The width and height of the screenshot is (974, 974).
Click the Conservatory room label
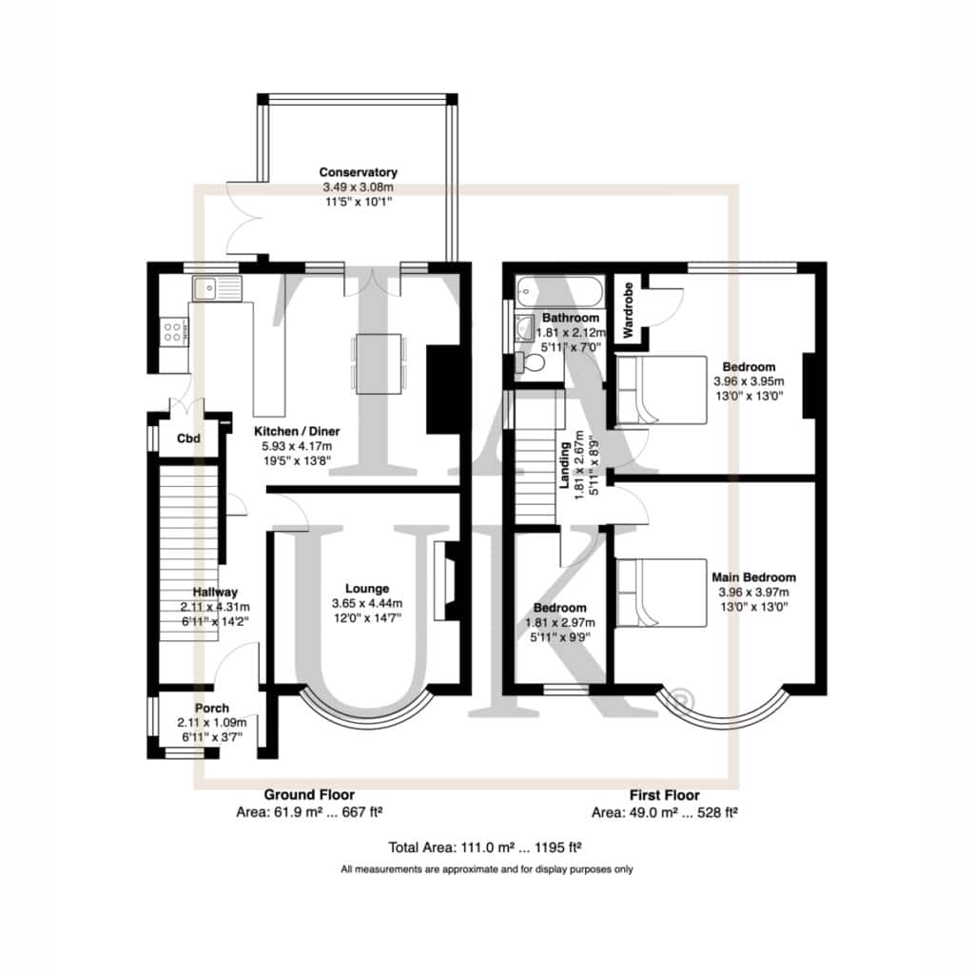[x=358, y=173]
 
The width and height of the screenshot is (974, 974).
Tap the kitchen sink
[x=216, y=288]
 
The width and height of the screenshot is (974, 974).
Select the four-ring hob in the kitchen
[x=174, y=332]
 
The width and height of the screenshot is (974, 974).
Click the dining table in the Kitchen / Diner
[x=379, y=363]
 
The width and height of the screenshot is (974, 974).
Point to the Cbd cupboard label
[x=189, y=438]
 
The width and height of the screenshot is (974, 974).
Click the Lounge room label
[x=367, y=588]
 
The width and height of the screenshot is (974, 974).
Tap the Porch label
[x=212, y=708]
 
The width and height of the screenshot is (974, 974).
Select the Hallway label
[x=215, y=592]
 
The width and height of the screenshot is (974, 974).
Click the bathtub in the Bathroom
[x=559, y=291]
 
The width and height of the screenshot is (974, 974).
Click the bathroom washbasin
[x=525, y=327]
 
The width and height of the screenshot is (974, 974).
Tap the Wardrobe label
[x=628, y=311]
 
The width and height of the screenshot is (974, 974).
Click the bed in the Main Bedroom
[x=662, y=593]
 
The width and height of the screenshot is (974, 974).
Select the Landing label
[x=565, y=465]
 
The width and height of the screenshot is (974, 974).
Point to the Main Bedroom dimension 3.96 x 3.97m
[x=754, y=592]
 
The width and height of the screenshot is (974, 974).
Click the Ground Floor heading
[x=309, y=794]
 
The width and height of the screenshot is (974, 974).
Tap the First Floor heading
[x=665, y=795]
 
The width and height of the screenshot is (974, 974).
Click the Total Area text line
[x=485, y=847]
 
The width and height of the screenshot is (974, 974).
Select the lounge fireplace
[x=447, y=581]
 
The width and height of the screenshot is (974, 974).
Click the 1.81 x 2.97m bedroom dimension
[x=560, y=622]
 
